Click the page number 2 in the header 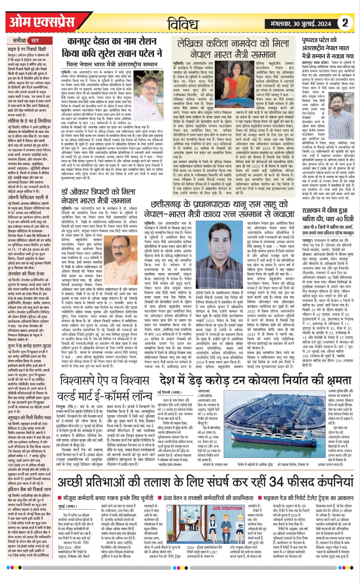345,23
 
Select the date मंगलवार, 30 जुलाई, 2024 300,24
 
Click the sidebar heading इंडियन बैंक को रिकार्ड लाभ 29,489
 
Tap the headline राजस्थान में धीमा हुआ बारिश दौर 328,214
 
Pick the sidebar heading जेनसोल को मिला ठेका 26,274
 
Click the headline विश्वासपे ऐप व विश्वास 104,381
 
